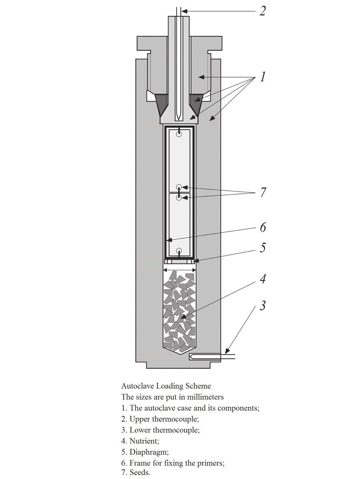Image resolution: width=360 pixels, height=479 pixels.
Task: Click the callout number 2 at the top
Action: point(262,11)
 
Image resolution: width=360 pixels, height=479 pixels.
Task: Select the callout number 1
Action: point(262,76)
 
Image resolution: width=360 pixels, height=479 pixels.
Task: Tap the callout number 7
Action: point(263,192)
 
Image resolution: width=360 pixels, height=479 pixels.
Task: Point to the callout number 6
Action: point(263,228)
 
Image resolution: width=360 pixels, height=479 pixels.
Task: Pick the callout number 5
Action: point(263,248)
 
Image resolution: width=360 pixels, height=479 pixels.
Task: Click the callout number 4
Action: point(263,279)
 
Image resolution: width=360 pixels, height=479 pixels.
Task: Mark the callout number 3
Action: point(263,306)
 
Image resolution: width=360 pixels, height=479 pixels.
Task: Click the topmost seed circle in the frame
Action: point(179,135)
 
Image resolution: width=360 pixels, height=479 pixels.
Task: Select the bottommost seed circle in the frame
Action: point(179,251)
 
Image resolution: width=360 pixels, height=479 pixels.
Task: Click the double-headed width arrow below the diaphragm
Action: point(179,270)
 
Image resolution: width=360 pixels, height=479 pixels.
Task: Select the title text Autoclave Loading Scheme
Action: point(166,386)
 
